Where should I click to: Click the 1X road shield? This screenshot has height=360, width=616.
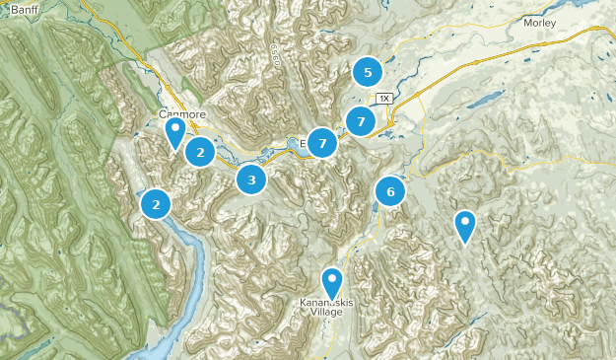(384, 99)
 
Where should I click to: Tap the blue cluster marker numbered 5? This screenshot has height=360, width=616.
(368, 72)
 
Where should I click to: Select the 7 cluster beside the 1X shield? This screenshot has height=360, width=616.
(362, 122)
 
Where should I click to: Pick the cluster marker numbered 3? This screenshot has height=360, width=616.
(251, 180)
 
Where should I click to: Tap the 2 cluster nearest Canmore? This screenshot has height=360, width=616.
(200, 152)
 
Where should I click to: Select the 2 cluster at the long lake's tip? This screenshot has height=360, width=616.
(156, 204)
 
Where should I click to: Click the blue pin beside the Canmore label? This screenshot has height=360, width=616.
(175, 131)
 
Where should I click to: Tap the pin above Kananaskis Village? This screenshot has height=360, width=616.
(332, 282)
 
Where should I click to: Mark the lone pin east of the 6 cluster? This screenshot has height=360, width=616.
(465, 226)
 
